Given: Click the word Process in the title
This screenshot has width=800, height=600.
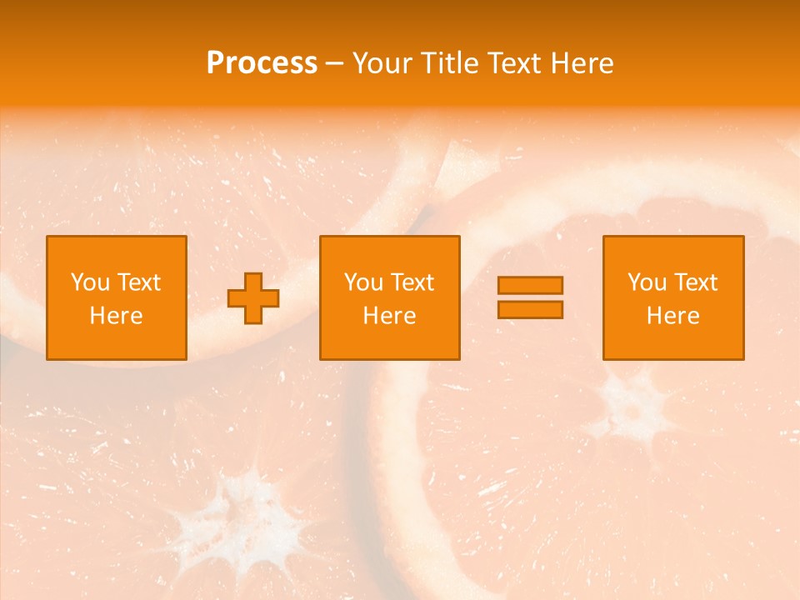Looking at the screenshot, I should point(262,63).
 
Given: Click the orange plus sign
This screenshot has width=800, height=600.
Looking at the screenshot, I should point(254,298).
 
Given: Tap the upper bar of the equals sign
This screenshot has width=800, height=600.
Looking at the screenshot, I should point(530,285).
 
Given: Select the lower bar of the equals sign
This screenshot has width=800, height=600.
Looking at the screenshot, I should point(530,309).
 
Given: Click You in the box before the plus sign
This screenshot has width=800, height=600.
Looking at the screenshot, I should point(90,282).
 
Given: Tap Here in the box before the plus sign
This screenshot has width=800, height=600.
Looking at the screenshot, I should point(116,316).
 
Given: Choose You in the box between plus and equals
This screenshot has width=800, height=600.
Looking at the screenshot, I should point(363,282).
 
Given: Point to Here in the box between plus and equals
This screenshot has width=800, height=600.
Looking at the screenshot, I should point(389,316).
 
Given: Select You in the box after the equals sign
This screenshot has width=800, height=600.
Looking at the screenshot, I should point(647,282).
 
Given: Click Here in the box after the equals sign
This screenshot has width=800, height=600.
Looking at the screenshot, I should point(672,316).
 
